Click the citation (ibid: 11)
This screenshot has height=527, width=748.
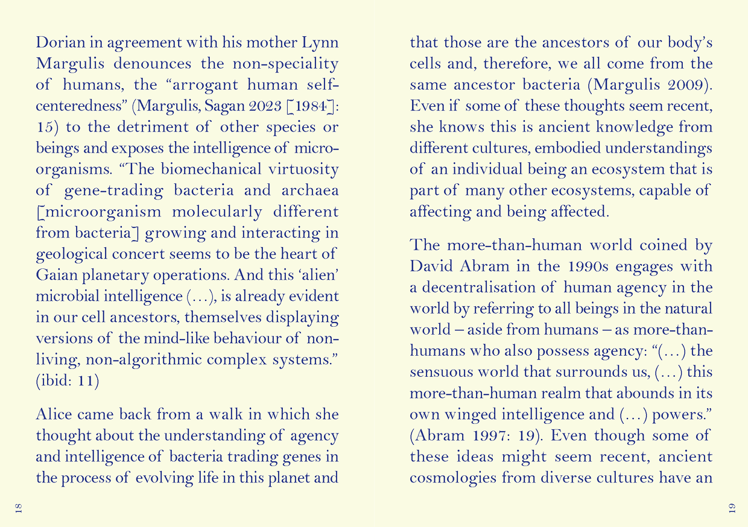coord(68,380)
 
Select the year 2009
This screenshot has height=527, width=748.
coord(687,85)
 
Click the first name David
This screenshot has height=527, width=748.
coord(429,267)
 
